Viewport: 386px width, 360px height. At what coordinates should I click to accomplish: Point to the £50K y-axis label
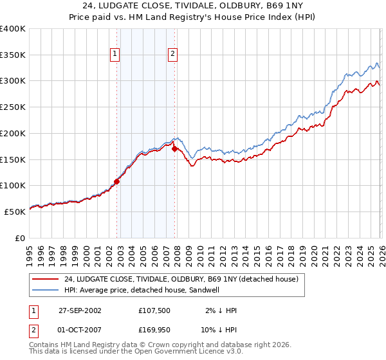pyautogui.click(x=15, y=212)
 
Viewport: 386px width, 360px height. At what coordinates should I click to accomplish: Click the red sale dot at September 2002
pyautogui.click(x=117, y=181)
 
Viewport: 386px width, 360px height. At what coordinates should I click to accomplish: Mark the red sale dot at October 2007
pyautogui.click(x=174, y=149)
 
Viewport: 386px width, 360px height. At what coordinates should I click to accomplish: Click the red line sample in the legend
pyautogui.click(x=45, y=280)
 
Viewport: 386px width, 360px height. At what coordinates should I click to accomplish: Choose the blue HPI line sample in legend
pyautogui.click(x=45, y=291)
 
